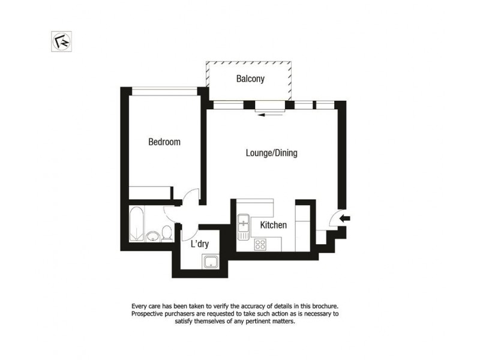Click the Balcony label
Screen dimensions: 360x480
(250, 79)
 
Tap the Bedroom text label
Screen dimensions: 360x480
(164, 142)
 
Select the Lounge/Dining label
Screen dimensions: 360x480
(272, 153)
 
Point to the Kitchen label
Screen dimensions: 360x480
(273, 225)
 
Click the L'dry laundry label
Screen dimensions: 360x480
(200, 244)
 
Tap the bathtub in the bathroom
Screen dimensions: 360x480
(136, 224)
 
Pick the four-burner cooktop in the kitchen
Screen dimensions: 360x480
(261, 244)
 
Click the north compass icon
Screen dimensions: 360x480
(61, 41)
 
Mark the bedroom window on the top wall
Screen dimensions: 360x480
(164, 91)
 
